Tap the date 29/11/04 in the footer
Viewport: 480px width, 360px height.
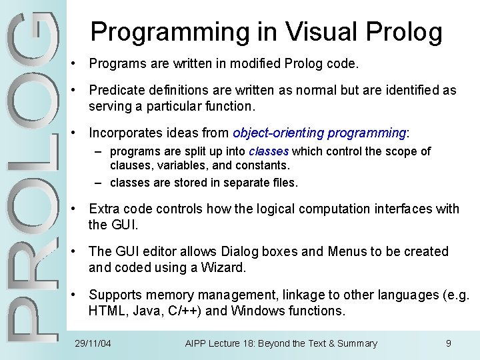[x=92, y=343]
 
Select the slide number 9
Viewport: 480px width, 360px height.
[x=449, y=343]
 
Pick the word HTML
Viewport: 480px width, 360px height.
[x=107, y=311]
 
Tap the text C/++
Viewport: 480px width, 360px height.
[x=184, y=311]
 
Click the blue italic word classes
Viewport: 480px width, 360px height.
[x=269, y=151]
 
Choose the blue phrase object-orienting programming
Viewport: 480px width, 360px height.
[x=319, y=133]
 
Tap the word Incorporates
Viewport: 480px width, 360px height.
[x=126, y=133]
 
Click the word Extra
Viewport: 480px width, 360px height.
[x=103, y=209]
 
